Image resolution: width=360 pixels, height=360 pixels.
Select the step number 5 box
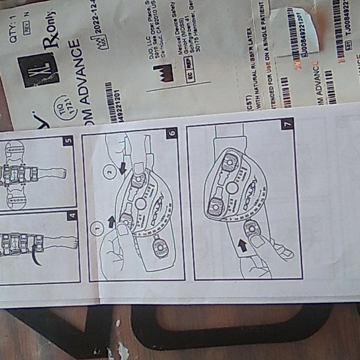[68, 141]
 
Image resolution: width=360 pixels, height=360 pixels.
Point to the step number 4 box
[72, 217]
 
